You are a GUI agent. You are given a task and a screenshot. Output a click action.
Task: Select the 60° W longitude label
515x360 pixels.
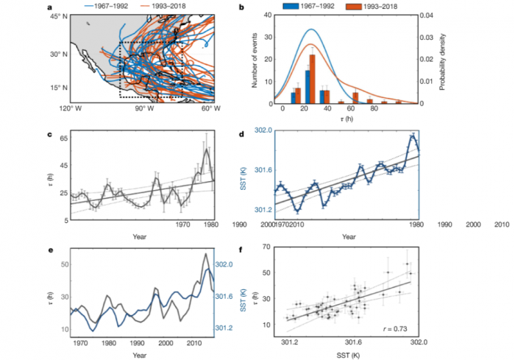[211, 109]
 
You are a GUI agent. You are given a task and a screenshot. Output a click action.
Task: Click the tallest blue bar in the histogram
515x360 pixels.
[306, 86]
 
